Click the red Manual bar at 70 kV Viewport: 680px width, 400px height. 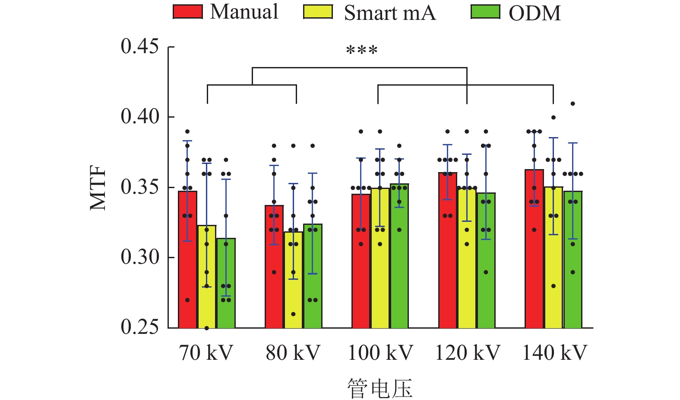coord(188,259)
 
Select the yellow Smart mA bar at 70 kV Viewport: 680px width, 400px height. coord(207,277)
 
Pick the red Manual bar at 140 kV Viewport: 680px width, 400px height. coord(534,249)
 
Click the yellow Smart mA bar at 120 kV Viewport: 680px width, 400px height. coord(467,258)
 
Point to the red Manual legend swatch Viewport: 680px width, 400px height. coord(188,12)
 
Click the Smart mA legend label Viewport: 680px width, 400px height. coord(389,13)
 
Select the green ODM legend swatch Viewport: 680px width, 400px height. coord(485,12)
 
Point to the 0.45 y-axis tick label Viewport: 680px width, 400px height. coord(140,46)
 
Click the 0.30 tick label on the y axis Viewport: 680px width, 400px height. coord(140,257)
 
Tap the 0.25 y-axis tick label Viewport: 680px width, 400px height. coord(140,327)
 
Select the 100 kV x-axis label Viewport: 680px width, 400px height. coord(380,353)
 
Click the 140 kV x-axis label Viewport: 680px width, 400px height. coord(554,353)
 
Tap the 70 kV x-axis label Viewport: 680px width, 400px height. coord(206,353)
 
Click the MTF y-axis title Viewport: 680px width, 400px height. coord(98,188)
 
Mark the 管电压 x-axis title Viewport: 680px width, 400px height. coord(380,388)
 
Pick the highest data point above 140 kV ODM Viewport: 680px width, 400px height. coord(572,104)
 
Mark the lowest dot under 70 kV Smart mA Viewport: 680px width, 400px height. coord(207,328)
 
